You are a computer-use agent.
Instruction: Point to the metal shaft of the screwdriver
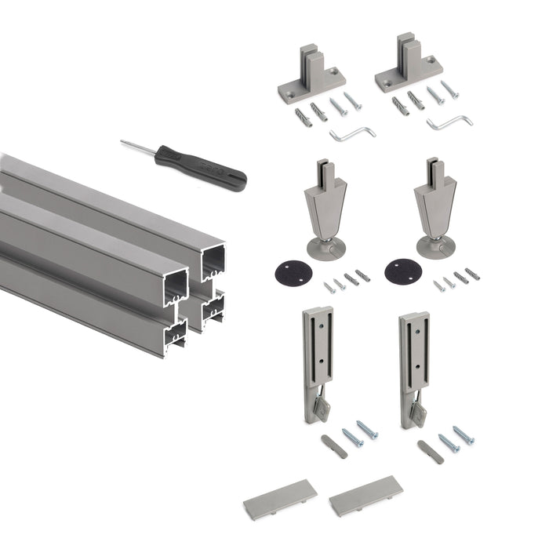click(x=138, y=147)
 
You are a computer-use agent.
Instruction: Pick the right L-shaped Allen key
click(x=449, y=122)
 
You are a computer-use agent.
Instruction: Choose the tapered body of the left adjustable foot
click(x=322, y=208)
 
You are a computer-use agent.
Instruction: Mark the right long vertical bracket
click(x=413, y=357)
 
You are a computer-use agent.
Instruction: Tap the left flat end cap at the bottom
click(x=280, y=496)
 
